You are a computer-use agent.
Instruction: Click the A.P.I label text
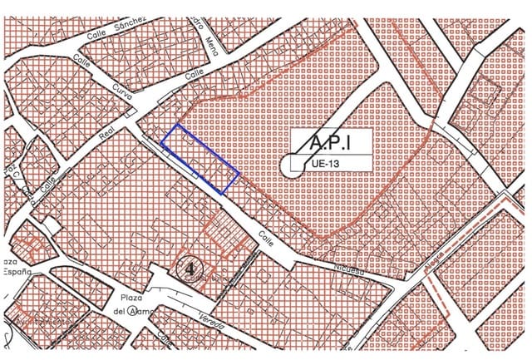[329, 144]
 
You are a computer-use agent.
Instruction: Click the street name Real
[105, 136]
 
